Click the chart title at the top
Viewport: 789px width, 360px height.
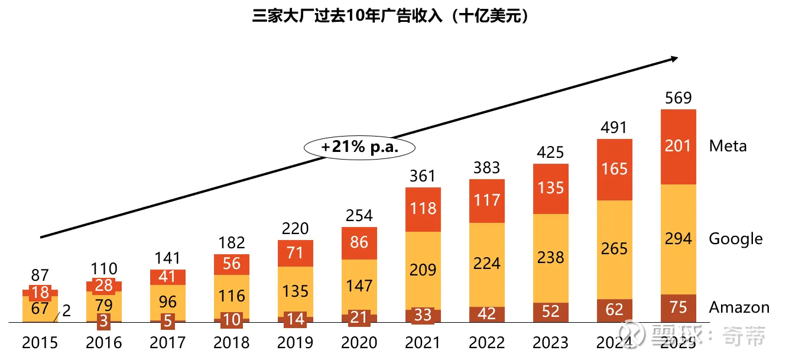[x=390, y=16]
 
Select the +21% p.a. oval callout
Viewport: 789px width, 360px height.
[x=359, y=147]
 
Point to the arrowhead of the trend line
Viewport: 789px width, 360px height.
[x=673, y=58]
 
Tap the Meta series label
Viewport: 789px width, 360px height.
[x=728, y=146]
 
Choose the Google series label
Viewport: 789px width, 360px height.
[x=736, y=239]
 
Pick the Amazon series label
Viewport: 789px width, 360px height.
[x=739, y=307]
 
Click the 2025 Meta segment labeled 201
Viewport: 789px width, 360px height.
[x=678, y=145]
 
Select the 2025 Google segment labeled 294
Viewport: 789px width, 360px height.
[x=678, y=239]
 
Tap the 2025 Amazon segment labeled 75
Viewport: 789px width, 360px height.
[x=678, y=308]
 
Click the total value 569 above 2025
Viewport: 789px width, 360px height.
[x=678, y=98]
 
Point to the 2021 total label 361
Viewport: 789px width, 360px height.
[x=423, y=176]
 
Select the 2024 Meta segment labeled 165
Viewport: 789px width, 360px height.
[x=615, y=168]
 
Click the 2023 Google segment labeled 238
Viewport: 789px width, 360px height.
[x=551, y=257]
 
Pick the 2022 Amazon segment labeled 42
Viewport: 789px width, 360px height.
[x=487, y=314]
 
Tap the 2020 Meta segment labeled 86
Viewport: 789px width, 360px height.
[x=359, y=242]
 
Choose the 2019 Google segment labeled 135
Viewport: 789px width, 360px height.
[x=295, y=291]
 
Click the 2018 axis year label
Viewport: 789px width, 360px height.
[x=231, y=343]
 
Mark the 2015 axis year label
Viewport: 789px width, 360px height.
[x=40, y=343]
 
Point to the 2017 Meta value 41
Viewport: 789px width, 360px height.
[x=168, y=277]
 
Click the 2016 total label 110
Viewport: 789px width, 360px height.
[x=104, y=269]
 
